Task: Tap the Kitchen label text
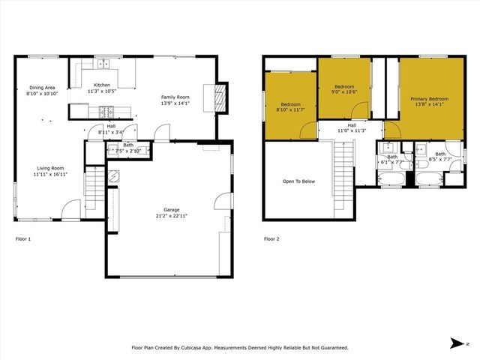pos(101,85)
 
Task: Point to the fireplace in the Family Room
pos(220,96)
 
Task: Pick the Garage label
pos(172,209)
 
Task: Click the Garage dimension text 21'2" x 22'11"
pos(172,216)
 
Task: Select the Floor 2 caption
pos(271,239)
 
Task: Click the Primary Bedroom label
pos(430,98)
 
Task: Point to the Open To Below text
pos(298,181)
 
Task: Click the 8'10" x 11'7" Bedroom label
pos(291,104)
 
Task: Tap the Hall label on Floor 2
pos(351,124)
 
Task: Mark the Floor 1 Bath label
pos(128,145)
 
